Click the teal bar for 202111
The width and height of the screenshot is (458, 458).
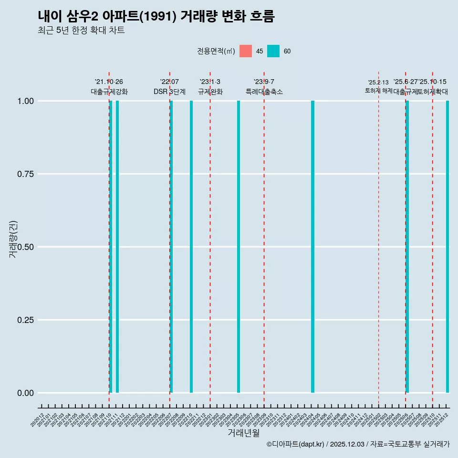pos(117,247)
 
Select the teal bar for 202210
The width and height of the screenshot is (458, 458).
pos(191,247)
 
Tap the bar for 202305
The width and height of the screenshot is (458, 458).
pos(239,247)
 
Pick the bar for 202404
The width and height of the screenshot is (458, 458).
pos(312,247)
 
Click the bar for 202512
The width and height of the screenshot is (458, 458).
pos(448,247)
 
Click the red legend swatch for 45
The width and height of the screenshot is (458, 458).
pos(246,51)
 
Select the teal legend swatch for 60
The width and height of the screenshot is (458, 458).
pos(273,51)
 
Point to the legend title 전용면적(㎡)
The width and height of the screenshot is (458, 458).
pos(216,51)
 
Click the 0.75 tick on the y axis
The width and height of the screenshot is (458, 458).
pos(25,174)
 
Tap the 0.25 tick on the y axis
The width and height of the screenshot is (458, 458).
pos(25,320)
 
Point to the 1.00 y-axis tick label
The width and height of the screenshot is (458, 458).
pos(25,101)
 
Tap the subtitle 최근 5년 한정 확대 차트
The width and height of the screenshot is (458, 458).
pos(81,31)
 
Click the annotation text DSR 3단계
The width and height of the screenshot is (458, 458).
pos(169,92)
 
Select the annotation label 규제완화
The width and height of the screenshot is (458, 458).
pos(210,92)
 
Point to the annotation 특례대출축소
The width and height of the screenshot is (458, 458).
pos(264,92)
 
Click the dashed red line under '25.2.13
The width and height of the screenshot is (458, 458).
pos(378,239)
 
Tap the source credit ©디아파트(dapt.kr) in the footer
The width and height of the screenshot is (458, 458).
pos(295,444)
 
